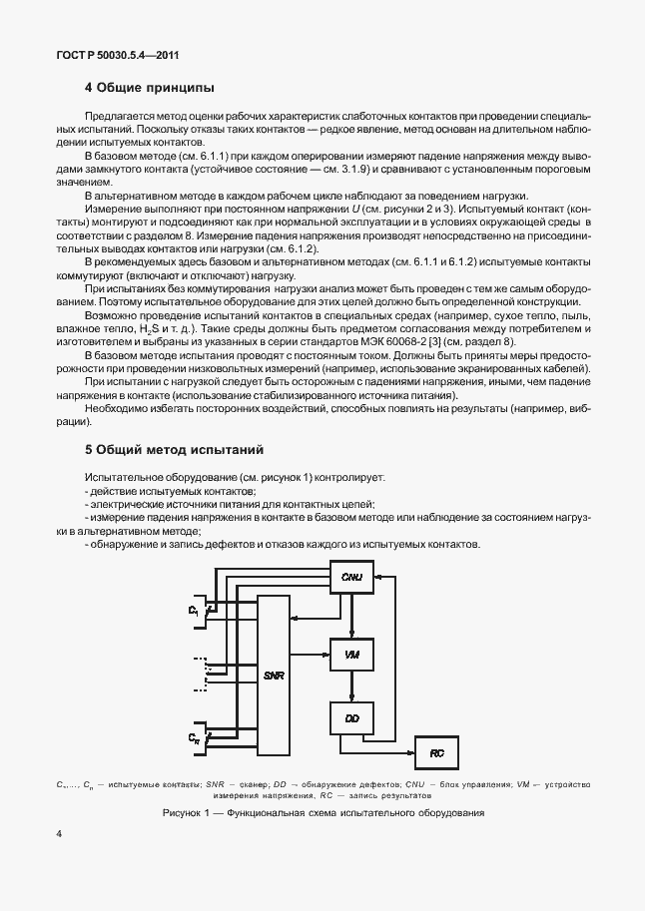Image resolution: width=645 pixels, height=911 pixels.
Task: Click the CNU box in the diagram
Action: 350,578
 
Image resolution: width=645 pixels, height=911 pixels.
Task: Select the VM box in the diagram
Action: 350,655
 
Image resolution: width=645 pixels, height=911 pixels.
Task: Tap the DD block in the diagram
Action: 350,718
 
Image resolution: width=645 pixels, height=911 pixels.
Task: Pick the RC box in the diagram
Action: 436,753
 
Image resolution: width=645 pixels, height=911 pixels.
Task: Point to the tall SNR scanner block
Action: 274,675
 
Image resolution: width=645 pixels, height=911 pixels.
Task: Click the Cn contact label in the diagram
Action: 195,737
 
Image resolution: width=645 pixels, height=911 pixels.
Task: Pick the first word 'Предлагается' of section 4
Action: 119,118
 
